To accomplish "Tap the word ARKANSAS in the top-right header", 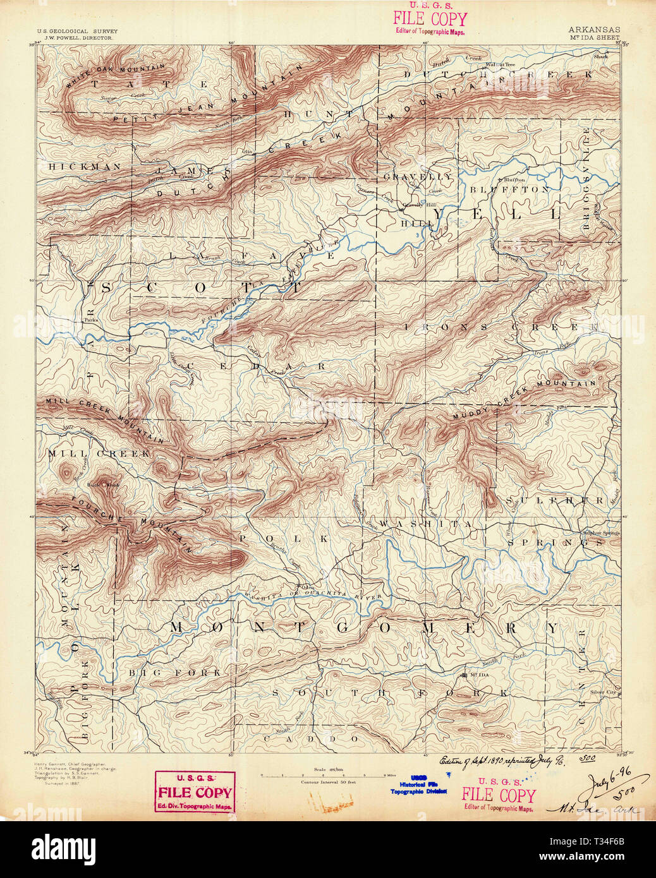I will [593, 30].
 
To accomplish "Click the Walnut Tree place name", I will [500, 64].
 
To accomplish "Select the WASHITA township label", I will [425, 524].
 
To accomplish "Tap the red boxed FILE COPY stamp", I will [195, 791].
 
